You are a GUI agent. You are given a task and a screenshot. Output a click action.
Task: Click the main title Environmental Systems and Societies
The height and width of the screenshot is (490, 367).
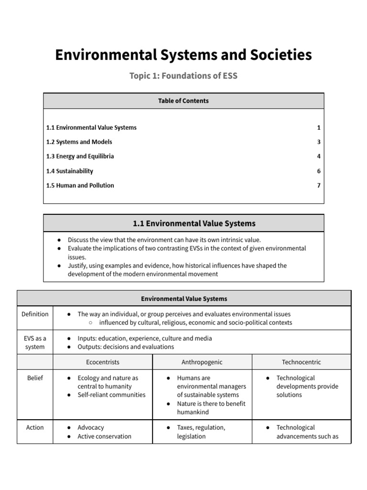183,55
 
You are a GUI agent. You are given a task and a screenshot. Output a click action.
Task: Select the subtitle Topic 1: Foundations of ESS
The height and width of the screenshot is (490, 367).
183,76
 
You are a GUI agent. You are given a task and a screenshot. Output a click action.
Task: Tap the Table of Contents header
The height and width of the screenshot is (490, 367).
183,101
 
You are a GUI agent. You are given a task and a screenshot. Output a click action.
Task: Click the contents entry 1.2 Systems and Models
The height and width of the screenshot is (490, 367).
79,142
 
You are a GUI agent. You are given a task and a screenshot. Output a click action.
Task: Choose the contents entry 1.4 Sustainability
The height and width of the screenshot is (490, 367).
70,171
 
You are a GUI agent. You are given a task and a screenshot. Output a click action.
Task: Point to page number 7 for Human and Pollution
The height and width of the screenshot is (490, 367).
318,186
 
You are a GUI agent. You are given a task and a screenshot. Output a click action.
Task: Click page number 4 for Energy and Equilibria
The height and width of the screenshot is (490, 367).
318,156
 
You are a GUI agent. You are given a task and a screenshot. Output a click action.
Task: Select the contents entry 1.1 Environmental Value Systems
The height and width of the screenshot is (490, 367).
91,128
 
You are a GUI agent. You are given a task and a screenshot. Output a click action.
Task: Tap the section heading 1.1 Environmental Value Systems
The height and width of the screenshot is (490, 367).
194,223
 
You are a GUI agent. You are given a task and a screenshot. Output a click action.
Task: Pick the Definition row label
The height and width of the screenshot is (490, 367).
35,314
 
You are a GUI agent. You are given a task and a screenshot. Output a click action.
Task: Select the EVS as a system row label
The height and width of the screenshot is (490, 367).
35,343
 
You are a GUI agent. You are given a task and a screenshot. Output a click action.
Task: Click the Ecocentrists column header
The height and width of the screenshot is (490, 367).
103,362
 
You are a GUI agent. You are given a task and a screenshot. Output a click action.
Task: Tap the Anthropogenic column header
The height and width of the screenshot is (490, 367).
202,362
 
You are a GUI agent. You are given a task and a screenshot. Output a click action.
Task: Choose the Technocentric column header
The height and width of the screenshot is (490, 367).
302,362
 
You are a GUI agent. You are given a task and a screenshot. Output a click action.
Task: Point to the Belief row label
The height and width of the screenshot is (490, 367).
35,378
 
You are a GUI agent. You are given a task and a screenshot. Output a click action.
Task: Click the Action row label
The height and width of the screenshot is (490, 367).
35,428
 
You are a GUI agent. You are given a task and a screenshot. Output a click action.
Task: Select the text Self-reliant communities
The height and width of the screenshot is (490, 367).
111,395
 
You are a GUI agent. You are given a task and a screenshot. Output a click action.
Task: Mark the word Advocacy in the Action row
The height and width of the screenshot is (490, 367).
91,428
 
